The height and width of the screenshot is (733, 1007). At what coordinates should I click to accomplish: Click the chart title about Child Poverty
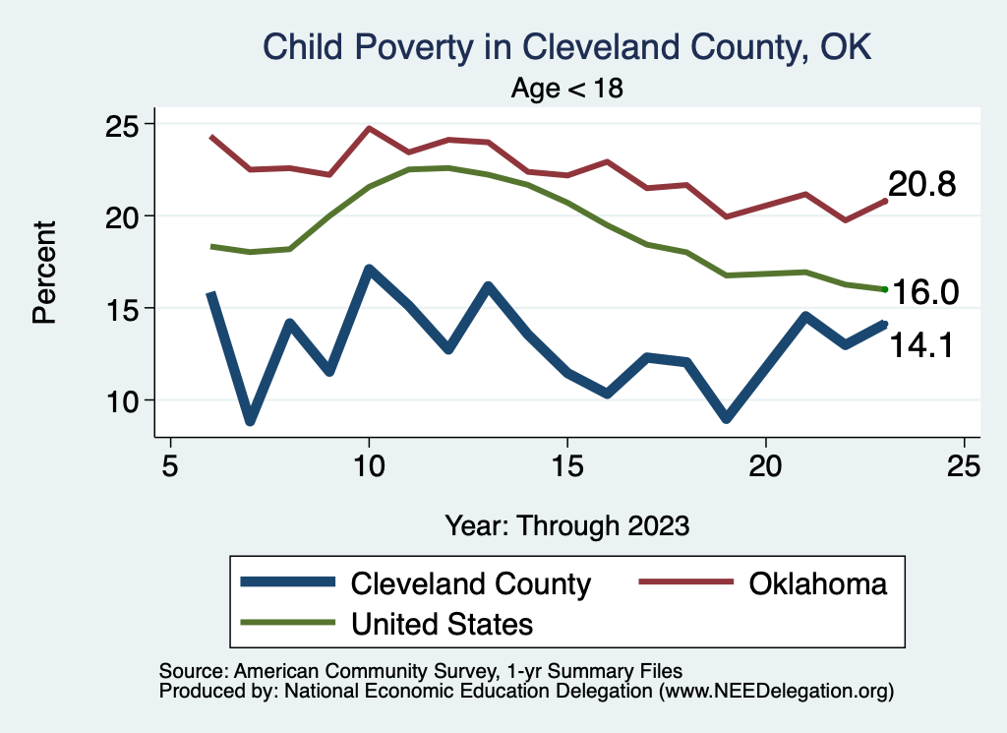pos(566,46)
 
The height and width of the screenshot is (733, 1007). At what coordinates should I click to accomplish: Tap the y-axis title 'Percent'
pos(44,273)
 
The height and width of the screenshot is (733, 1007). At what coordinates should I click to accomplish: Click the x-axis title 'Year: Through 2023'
pos(566,524)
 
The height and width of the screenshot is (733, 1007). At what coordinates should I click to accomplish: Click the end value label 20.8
pos(922,185)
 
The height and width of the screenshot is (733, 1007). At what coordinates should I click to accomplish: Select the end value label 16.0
pos(924,293)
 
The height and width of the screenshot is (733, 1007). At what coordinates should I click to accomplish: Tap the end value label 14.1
pos(922,344)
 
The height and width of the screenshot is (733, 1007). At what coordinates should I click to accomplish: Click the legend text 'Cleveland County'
pos(471,583)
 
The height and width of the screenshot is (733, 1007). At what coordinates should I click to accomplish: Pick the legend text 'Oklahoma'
pos(817,583)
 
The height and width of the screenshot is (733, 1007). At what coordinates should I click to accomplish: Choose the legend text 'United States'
pos(443,623)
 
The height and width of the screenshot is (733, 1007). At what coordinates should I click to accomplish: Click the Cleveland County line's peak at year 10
pos(369,270)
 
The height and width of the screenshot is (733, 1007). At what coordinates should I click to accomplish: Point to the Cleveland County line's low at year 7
pos(251,420)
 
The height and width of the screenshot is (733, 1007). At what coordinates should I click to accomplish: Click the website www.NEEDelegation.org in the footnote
pos(776,692)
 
